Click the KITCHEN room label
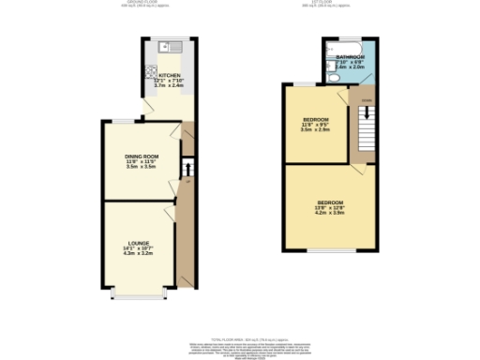point(169,75)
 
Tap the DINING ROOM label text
point(142,156)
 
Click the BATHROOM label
point(350,57)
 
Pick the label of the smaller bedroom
point(315,118)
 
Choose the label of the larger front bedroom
point(329,202)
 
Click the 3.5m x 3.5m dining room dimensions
point(142,167)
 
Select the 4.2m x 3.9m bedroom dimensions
point(329,214)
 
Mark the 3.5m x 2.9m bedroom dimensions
point(315,129)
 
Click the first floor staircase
point(366,118)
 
